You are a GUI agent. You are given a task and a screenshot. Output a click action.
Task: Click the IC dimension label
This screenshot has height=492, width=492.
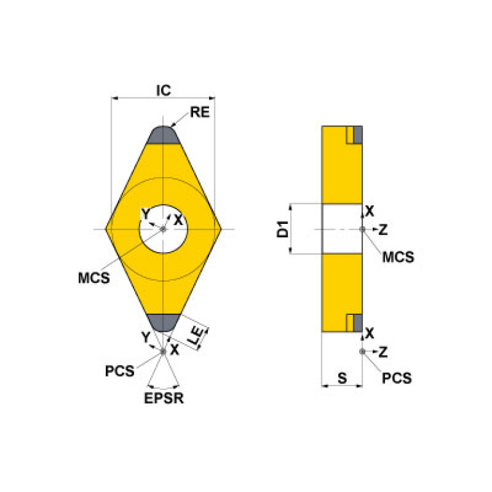[x=164, y=90]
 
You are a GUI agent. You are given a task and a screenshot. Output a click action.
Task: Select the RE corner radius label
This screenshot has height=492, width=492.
[x=200, y=114]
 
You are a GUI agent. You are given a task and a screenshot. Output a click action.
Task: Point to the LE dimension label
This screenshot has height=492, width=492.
[x=199, y=334]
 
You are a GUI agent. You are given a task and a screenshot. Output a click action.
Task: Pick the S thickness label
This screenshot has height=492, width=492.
[x=342, y=378]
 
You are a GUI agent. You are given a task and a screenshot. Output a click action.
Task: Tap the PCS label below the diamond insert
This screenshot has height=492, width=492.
[x=121, y=371]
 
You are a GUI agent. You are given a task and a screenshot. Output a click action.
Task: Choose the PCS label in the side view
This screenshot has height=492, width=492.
[x=396, y=378]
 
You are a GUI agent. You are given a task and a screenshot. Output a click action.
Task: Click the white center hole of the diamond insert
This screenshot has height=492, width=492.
[x=164, y=229]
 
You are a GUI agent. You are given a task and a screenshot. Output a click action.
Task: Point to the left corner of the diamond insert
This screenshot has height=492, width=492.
[x=109, y=229]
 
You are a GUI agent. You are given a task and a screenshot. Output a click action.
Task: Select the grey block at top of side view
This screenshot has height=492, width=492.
[x=358, y=135]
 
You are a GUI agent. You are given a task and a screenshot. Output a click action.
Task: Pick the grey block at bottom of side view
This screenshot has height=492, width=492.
[x=358, y=323]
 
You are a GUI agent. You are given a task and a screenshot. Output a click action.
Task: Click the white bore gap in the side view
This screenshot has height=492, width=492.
[x=341, y=229]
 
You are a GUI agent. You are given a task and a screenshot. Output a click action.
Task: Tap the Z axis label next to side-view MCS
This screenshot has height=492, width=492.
[x=382, y=229]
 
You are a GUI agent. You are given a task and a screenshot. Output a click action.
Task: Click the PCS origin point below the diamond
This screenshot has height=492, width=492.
[x=163, y=351]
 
